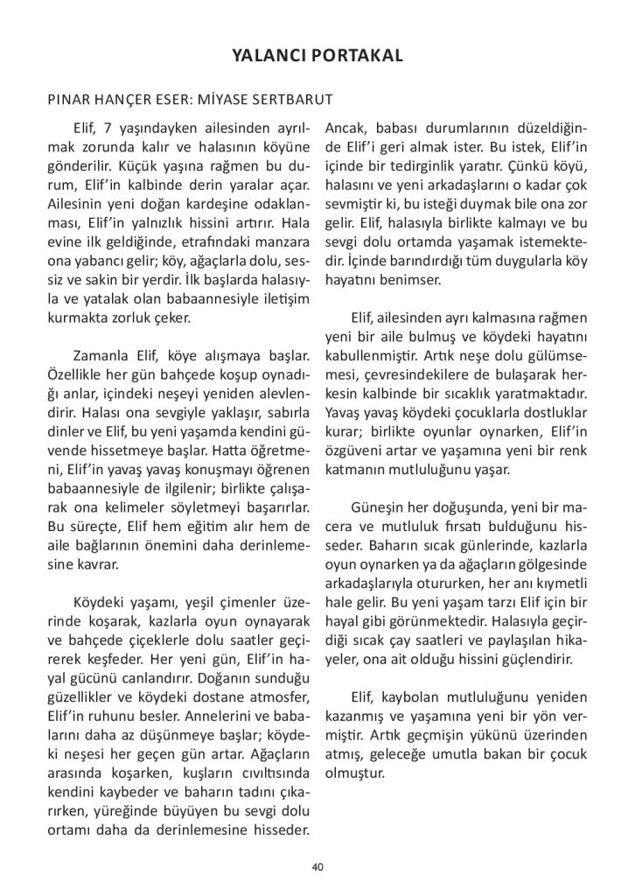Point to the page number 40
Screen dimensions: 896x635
pos(317,867)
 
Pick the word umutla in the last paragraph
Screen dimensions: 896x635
pos(435,753)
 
